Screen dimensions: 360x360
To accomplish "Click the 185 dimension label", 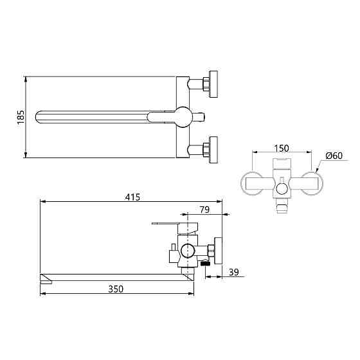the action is click(x=21, y=117).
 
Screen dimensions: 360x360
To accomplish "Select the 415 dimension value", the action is click(x=132, y=197).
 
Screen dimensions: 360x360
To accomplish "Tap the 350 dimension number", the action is click(x=116, y=289).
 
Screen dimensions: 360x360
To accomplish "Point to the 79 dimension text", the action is click(x=204, y=210).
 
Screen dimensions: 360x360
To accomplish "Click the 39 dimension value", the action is click(x=234, y=273).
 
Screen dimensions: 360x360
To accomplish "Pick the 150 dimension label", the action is click(x=282, y=148).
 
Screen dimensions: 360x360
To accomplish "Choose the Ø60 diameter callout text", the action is click(x=334, y=156).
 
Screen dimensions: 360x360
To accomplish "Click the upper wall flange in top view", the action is click(x=213, y=84).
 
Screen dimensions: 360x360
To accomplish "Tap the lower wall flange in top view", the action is click(x=213, y=150).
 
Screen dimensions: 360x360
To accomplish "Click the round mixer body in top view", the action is click(x=183, y=117).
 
